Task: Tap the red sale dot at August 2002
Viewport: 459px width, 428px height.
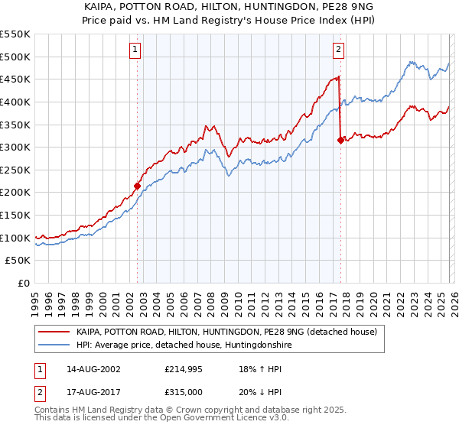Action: point(137,186)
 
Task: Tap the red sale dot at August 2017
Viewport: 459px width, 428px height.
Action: point(340,140)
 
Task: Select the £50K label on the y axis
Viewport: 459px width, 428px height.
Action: point(18,261)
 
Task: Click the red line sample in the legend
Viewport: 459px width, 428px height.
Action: point(54,332)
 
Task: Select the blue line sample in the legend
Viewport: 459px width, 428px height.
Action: point(54,345)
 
